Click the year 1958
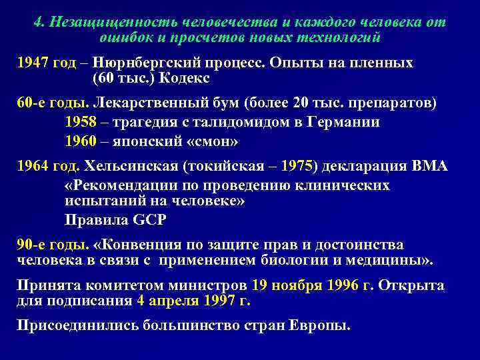(x=82, y=122)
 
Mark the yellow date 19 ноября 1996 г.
(x=313, y=285)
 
